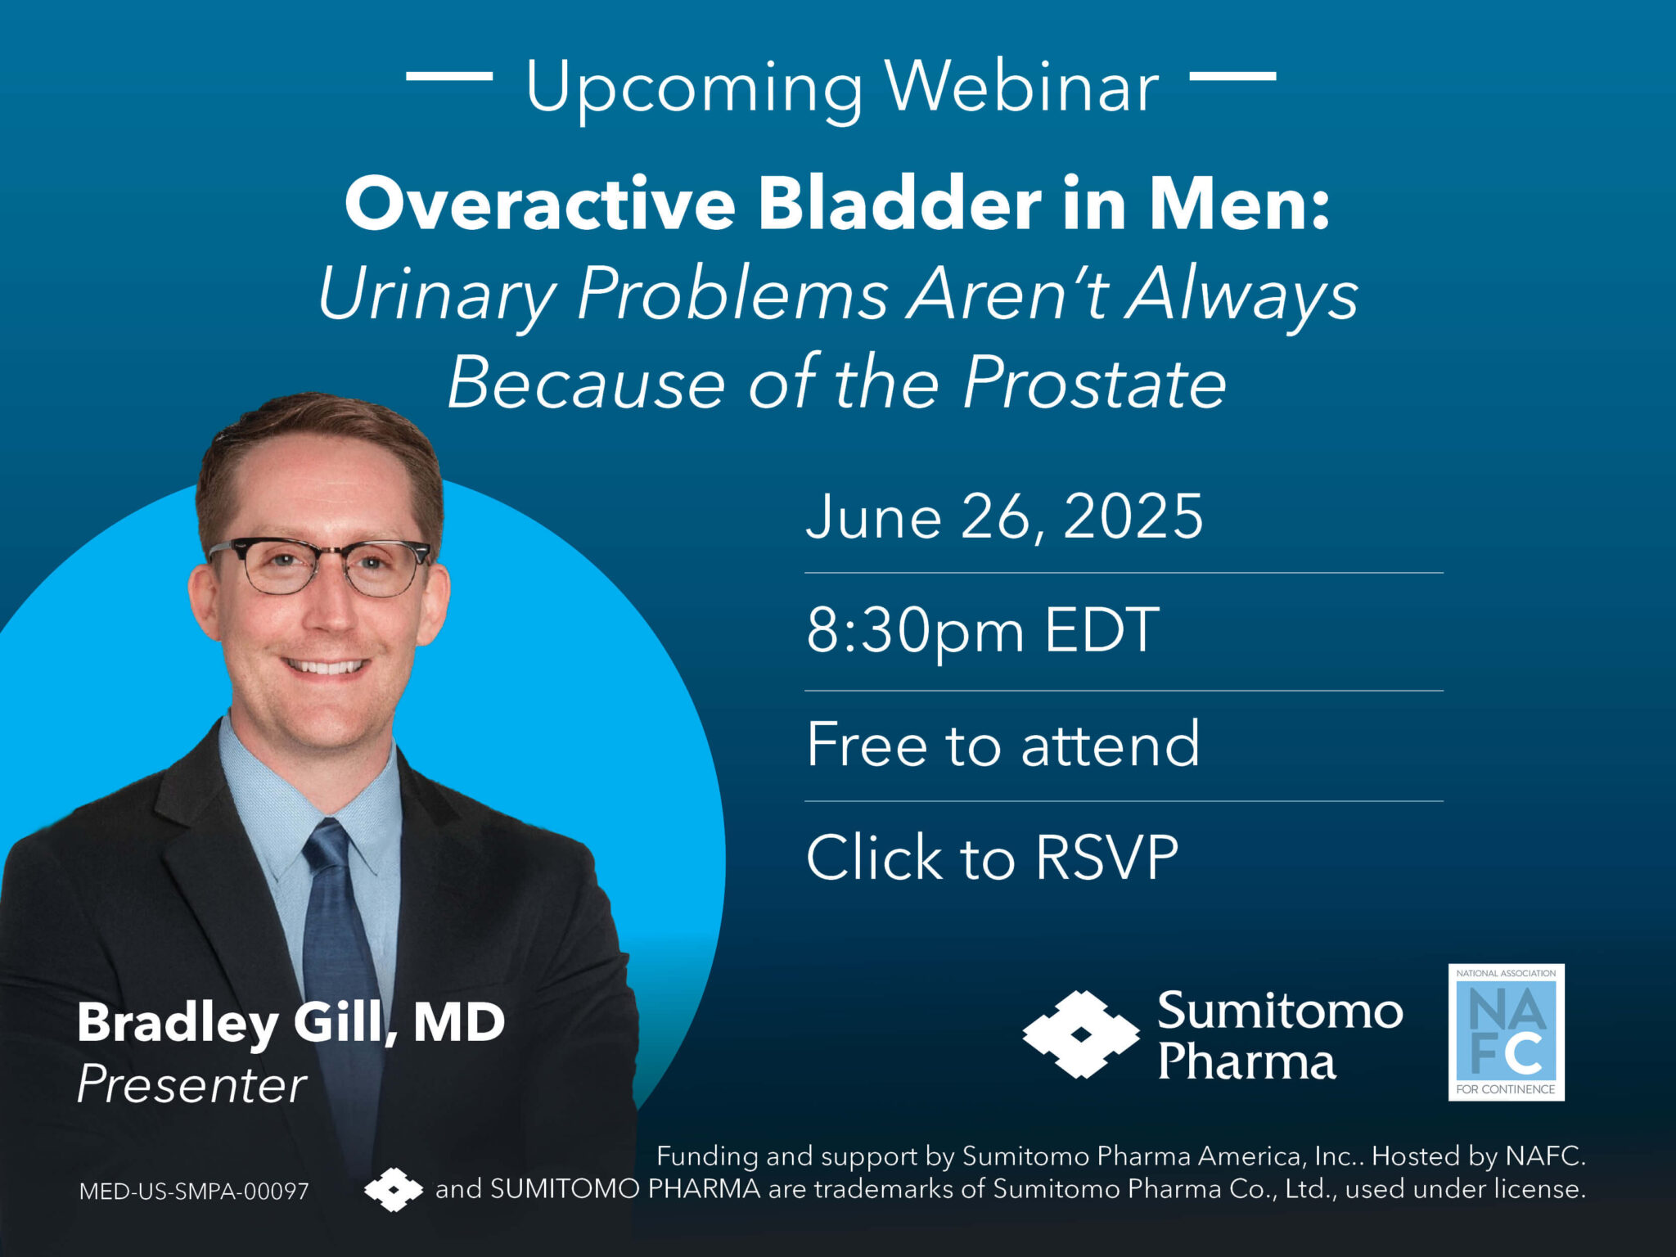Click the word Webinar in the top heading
[1022, 87]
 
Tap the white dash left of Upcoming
[449, 76]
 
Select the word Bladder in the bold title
[899, 205]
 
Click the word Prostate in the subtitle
[1094, 383]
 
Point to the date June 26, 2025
[1004, 517]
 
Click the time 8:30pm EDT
[982, 631]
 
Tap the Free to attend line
[1002, 745]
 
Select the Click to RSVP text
[992, 858]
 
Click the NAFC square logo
[1506, 1032]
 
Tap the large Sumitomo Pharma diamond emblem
[1080, 1034]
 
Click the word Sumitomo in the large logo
[1279, 1011]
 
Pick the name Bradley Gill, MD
[291, 1022]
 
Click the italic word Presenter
[191, 1085]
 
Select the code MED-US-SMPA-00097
[194, 1191]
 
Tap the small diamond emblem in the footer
[394, 1189]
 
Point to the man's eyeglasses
[319, 565]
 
